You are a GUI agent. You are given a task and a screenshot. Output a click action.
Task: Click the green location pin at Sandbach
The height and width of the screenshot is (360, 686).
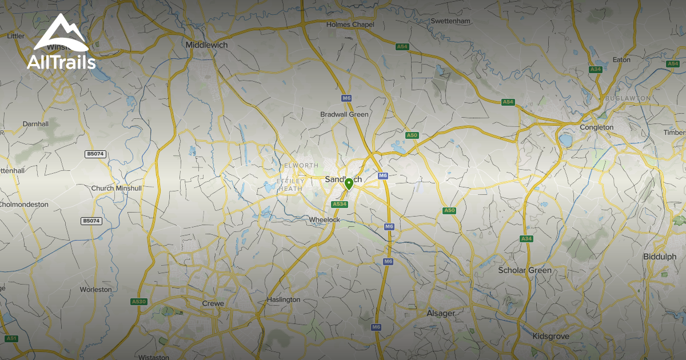pyautogui.click(x=349, y=184)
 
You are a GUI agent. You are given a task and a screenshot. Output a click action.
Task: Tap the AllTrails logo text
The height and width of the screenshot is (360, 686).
pyautogui.click(x=61, y=62)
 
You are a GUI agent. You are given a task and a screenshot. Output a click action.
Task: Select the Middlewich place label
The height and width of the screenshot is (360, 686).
pyautogui.click(x=207, y=45)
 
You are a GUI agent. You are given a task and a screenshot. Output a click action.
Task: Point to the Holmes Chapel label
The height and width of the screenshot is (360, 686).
pyautogui.click(x=350, y=25)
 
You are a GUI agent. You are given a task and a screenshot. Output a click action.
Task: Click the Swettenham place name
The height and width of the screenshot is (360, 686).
pyautogui.click(x=450, y=21)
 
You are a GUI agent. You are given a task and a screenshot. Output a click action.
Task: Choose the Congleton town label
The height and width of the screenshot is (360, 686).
pyautogui.click(x=596, y=127)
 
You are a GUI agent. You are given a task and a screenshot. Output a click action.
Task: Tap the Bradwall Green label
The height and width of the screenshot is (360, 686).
pyautogui.click(x=344, y=114)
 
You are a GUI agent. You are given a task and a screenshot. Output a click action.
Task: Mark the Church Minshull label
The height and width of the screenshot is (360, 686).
pyautogui.click(x=116, y=188)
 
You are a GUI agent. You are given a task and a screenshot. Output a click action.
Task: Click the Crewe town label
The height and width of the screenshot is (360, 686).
pyautogui.click(x=213, y=303)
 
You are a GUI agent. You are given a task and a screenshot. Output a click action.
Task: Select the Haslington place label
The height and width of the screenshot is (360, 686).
pyautogui.click(x=284, y=299)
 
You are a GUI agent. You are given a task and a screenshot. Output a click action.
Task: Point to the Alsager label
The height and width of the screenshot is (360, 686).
pyautogui.click(x=441, y=313)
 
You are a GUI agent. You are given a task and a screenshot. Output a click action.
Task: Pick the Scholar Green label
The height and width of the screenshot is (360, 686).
pyautogui.click(x=525, y=270)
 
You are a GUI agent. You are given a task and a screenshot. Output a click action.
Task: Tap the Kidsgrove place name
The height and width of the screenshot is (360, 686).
pyautogui.click(x=551, y=336)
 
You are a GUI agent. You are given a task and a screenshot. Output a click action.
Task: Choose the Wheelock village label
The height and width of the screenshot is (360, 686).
pyautogui.click(x=324, y=219)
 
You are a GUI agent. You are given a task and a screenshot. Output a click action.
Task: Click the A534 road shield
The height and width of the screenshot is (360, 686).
pyautogui.click(x=339, y=204)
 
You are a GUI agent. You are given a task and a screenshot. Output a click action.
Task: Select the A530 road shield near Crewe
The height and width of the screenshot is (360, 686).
pyautogui.click(x=139, y=301)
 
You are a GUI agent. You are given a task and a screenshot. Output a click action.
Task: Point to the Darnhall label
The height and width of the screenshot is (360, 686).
pyautogui.click(x=35, y=123)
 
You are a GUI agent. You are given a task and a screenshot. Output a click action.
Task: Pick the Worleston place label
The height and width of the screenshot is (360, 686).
pyautogui.click(x=95, y=289)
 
